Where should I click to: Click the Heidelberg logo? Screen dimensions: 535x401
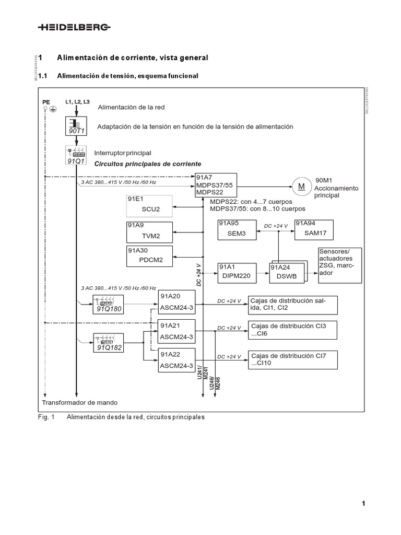pos(74,27)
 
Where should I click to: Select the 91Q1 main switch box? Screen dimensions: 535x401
pos(77,156)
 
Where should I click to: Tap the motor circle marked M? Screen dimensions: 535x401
pos(301,186)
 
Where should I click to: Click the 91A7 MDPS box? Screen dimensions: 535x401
pos(216,185)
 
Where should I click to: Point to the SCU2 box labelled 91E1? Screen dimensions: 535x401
pos(150,206)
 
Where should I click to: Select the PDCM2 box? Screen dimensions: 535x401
pos(150,255)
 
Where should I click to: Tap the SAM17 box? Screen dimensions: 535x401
pos(314,229)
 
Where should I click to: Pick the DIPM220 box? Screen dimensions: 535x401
pos(237,273)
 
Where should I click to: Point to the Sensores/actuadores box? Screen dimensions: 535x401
pos(339,265)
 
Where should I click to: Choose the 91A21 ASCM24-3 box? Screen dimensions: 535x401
pos(176,331)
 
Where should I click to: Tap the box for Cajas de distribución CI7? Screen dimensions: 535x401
pos(292,359)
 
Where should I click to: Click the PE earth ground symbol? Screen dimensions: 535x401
pos(52,108)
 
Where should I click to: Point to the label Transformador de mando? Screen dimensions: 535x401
pos(79,403)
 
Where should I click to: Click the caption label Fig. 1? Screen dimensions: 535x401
pos(46,417)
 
